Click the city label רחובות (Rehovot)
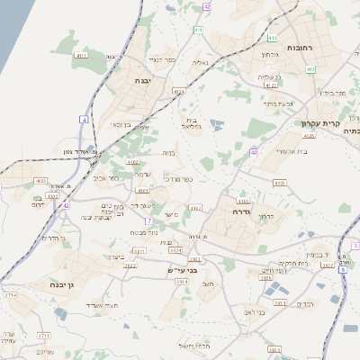(299, 47)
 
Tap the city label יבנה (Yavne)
(143, 80)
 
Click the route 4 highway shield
(85, 119)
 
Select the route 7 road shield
(147, 220)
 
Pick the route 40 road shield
(254, 153)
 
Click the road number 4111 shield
(82, 55)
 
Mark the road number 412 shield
(310, 68)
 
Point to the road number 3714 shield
(11, 294)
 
